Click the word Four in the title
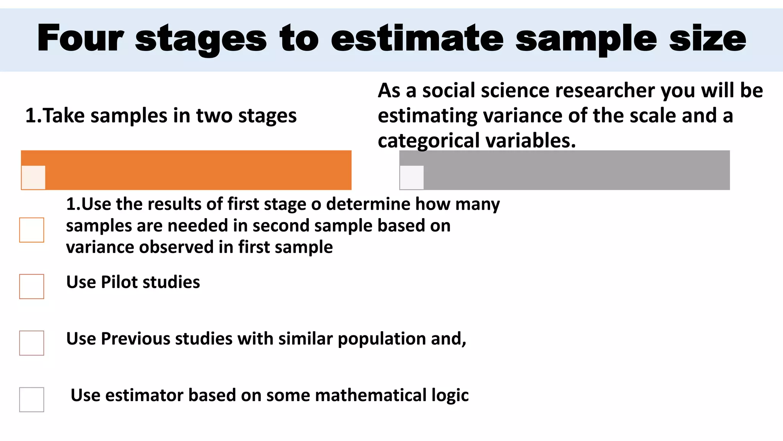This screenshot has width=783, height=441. [x=80, y=38]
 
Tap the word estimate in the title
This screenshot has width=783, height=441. [x=417, y=38]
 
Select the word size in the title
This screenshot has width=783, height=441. [x=707, y=38]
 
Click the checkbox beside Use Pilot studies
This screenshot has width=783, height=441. [x=32, y=286]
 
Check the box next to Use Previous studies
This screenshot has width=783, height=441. [x=32, y=343]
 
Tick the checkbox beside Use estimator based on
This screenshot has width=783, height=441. [x=32, y=400]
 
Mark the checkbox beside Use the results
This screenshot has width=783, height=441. [x=32, y=230]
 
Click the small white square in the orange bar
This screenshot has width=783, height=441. [x=34, y=177]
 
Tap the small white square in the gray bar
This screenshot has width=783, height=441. [x=412, y=177]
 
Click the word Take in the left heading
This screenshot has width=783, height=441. [x=63, y=116]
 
